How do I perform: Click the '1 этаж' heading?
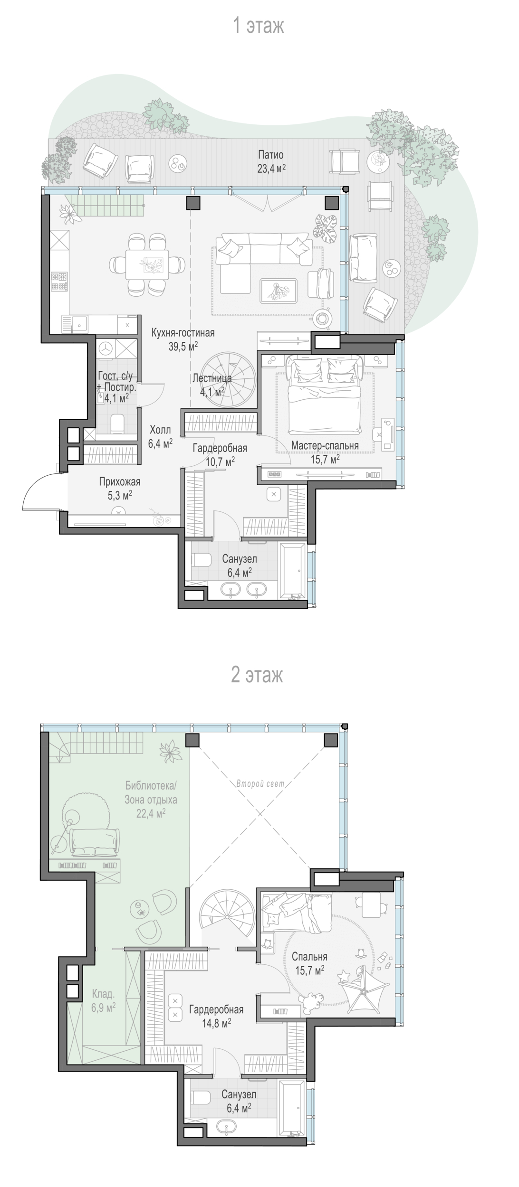pos(259,26)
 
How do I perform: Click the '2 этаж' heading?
pos(257,674)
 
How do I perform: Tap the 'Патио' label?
pos(271,155)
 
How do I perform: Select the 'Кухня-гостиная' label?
pos(183,333)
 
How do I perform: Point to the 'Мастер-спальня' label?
pos(325,445)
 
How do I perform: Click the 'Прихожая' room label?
pos(120,482)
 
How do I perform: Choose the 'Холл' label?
pos(160,430)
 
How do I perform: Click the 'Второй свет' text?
pos(260,783)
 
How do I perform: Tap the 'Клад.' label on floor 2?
pos(103,994)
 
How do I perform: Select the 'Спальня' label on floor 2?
pos(309,957)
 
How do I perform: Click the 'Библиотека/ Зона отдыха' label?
pos(151,792)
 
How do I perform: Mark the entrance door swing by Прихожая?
pos(42,492)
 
